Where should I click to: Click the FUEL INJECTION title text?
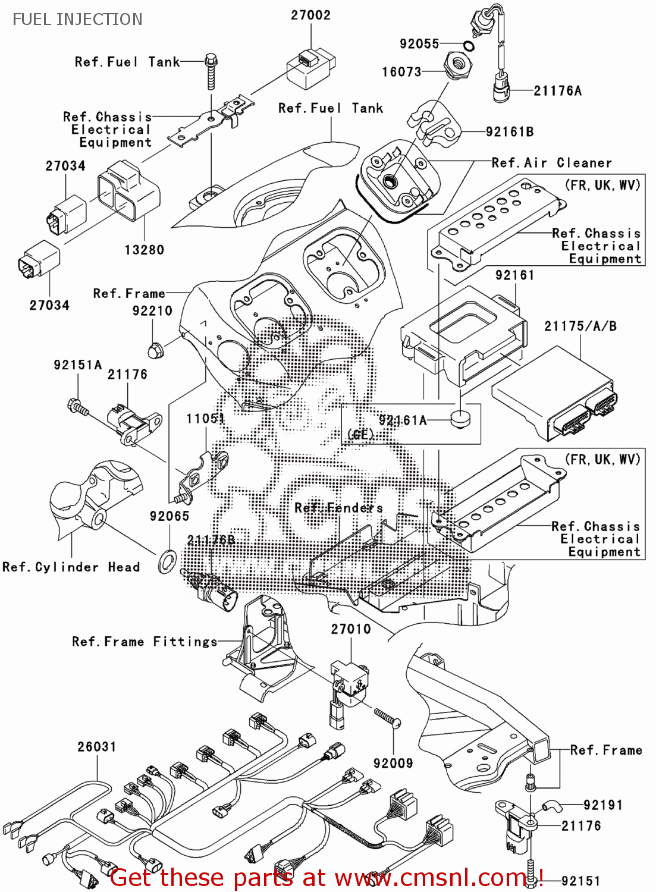tap(77, 20)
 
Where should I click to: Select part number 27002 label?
tap(310, 15)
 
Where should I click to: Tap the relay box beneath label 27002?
tap(310, 68)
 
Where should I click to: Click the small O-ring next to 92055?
tap(469, 46)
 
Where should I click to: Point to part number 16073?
tap(401, 72)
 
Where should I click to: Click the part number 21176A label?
tap(557, 91)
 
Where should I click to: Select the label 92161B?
tap(510, 132)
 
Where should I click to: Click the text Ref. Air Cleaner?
tap(551, 163)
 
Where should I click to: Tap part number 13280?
tap(144, 250)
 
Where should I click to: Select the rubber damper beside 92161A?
tap(460, 419)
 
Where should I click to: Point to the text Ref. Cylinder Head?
tap(71, 567)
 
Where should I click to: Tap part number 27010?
tap(351, 629)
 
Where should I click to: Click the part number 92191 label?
tap(602, 805)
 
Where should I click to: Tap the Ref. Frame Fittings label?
tap(145, 642)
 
